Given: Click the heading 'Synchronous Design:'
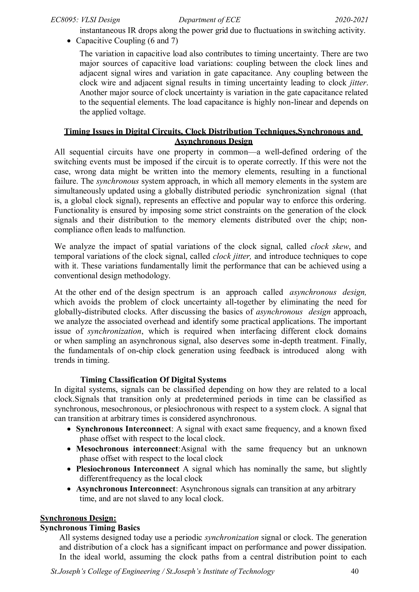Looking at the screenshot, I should (x=78, y=518).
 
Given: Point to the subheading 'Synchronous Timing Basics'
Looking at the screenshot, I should (x=90, y=528).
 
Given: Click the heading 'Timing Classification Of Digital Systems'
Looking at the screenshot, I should (x=153, y=380).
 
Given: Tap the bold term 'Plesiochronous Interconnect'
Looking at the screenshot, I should (x=127, y=469).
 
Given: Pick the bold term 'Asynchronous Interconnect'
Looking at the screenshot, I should (x=126, y=489).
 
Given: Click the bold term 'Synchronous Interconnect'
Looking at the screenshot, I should (x=124, y=429).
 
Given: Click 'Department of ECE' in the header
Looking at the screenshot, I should (x=209, y=20).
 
